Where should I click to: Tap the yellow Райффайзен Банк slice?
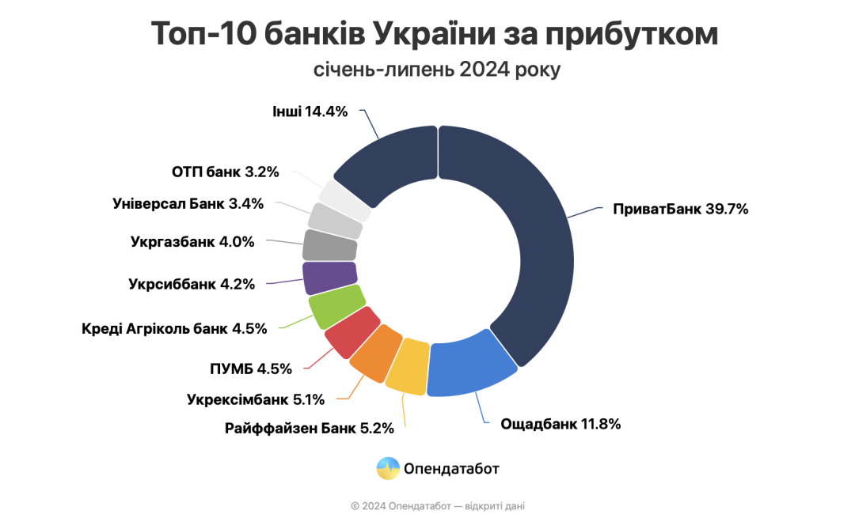[x=407, y=366]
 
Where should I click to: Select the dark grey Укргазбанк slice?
[x=329, y=245]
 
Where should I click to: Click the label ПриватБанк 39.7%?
[x=680, y=210]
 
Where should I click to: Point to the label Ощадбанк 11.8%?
[x=560, y=424]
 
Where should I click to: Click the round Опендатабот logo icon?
[x=388, y=469]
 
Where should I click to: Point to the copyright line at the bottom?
[x=438, y=505]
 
